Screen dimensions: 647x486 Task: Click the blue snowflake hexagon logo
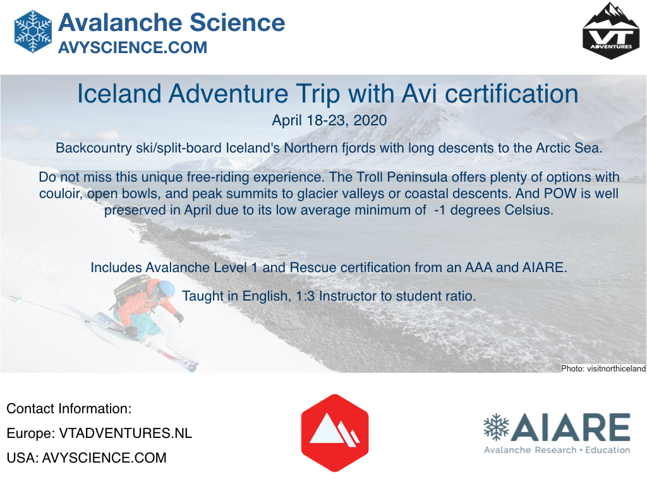(33, 32)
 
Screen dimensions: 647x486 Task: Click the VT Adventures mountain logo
(611, 31)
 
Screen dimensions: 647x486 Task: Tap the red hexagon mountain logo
(335, 433)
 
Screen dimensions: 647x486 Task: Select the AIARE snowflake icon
(497, 427)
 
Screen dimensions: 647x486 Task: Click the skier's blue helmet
(167, 288)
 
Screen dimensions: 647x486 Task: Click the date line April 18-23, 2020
(329, 120)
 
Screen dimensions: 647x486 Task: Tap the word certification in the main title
(511, 94)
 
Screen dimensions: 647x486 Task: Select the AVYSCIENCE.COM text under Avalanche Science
(133, 47)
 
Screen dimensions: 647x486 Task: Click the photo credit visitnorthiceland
(603, 368)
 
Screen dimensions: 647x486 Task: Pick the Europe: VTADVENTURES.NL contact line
(99, 433)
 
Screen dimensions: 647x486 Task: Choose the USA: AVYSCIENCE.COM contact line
(87, 458)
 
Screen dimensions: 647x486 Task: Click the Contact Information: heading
(69, 408)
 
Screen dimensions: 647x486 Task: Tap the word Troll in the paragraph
(369, 177)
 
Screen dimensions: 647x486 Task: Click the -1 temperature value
(440, 210)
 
